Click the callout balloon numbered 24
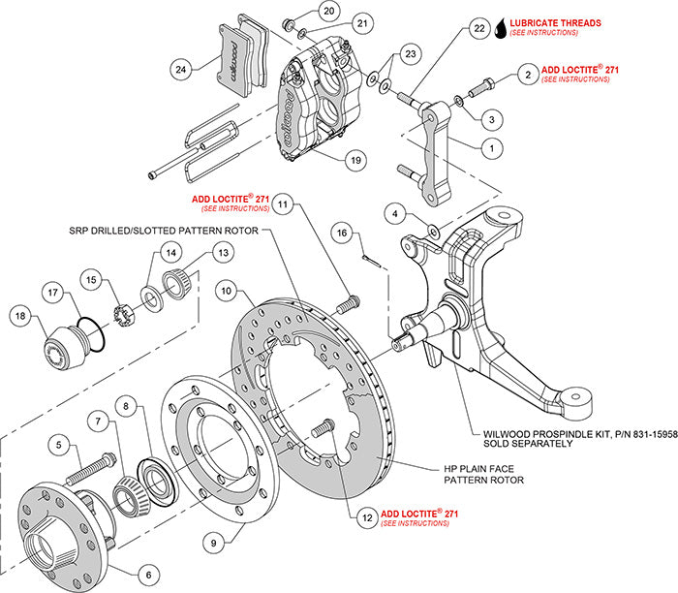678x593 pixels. tap(180, 68)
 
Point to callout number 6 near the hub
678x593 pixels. tap(149, 574)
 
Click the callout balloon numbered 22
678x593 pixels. tap(478, 29)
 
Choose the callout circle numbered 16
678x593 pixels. tap(341, 234)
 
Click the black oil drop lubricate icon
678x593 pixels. tap(501, 26)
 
